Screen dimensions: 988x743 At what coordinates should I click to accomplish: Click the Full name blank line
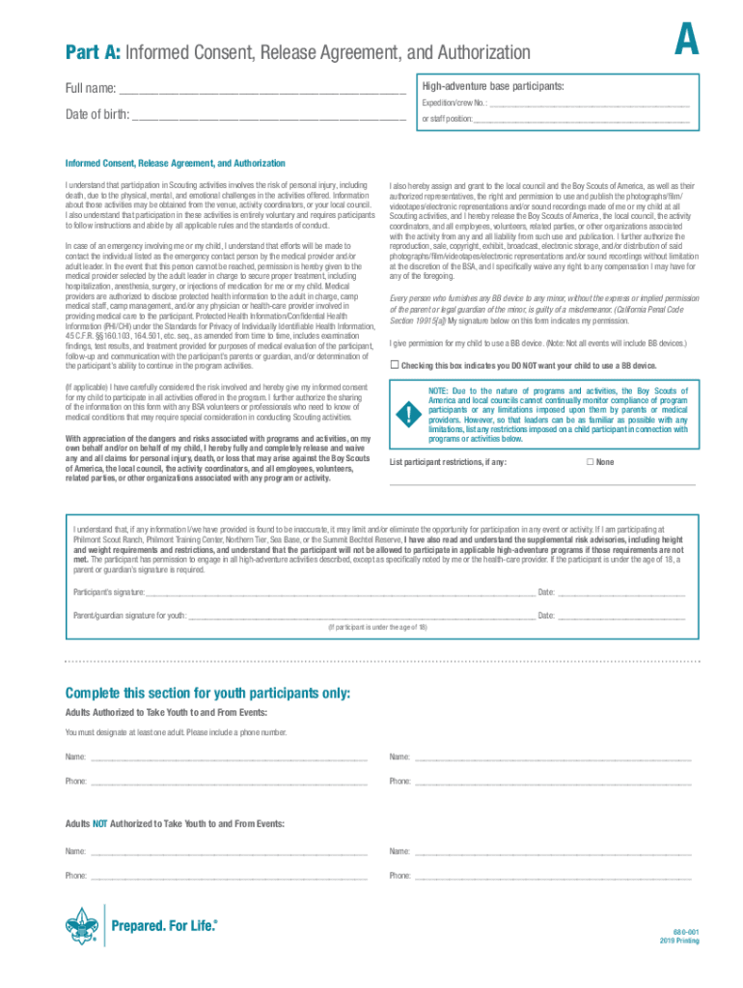click(261, 90)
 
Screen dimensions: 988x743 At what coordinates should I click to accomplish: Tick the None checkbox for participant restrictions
click(591, 462)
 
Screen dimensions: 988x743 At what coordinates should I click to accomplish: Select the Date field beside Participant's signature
click(621, 592)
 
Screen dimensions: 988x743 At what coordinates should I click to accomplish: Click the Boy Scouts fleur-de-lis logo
click(83, 926)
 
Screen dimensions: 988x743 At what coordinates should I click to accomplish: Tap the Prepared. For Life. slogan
click(165, 926)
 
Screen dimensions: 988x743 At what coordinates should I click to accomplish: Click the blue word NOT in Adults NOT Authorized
click(99, 824)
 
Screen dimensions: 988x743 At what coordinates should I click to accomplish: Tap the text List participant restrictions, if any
click(448, 462)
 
